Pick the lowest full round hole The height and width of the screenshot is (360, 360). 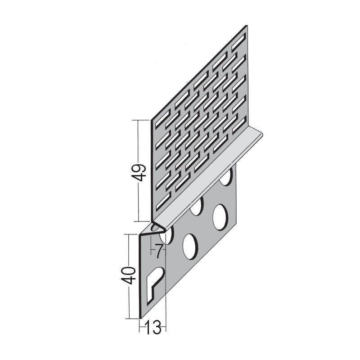pos(190,247)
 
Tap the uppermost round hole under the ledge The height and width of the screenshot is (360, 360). pos(227,175)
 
